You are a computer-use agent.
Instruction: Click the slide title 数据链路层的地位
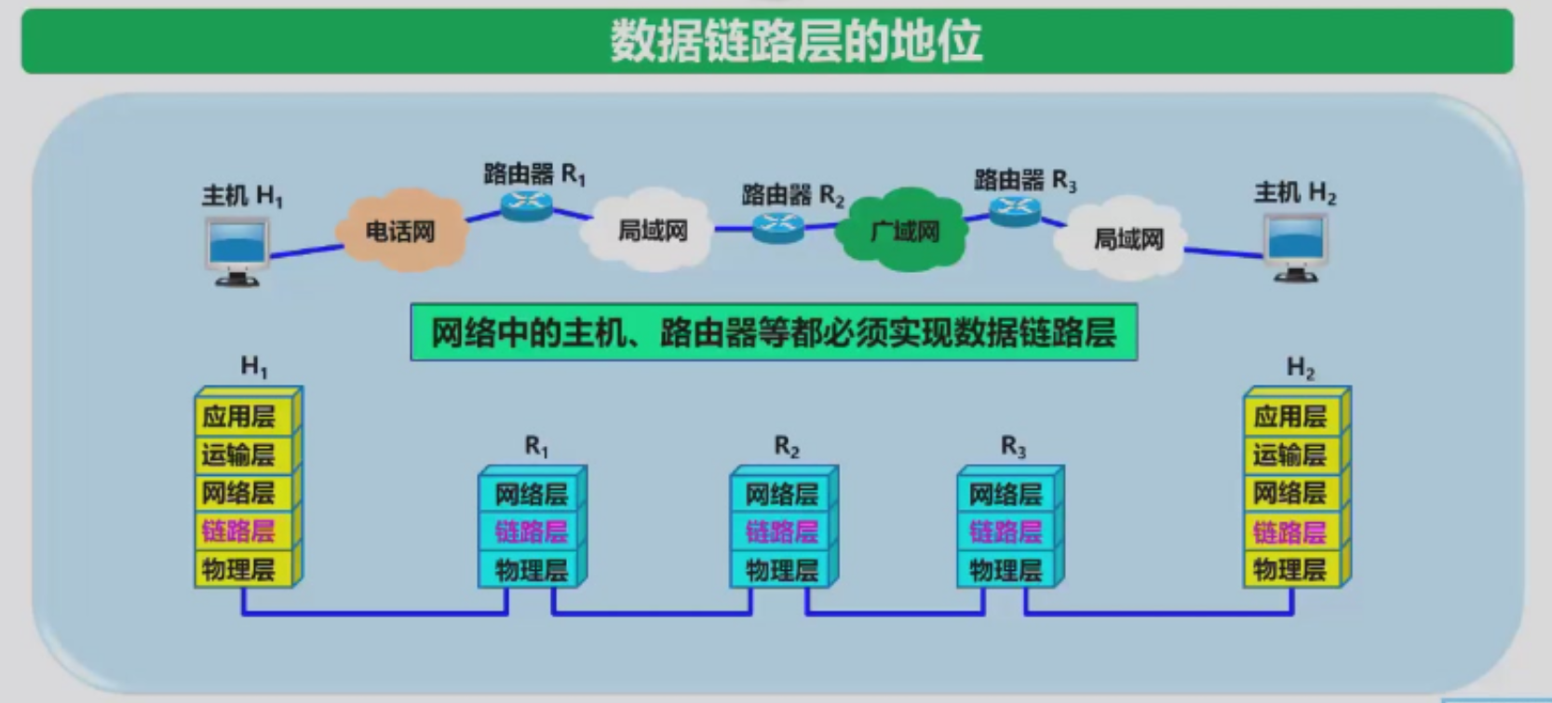pyautogui.click(x=796, y=42)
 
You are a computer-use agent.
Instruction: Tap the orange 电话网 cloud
pyautogui.click(x=400, y=231)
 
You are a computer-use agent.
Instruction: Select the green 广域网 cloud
pyautogui.click(x=903, y=231)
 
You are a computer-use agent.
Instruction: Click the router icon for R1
pyautogui.click(x=527, y=205)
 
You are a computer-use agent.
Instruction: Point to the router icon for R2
pyautogui.click(x=777, y=226)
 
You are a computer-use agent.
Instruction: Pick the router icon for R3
pyautogui.click(x=1015, y=211)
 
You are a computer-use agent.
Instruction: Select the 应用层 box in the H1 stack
pyautogui.click(x=239, y=416)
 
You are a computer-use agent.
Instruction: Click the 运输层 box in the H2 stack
pyautogui.click(x=1289, y=455)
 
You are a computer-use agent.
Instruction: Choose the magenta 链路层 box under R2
pyautogui.click(x=781, y=532)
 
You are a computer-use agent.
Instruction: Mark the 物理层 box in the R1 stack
pyautogui.click(x=531, y=570)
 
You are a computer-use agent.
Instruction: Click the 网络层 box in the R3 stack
pyautogui.click(x=1005, y=493)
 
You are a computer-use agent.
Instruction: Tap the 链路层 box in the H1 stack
pyautogui.click(x=239, y=531)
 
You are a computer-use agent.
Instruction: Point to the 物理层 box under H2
pyautogui.click(x=1289, y=569)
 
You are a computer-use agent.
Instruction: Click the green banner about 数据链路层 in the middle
pyautogui.click(x=773, y=332)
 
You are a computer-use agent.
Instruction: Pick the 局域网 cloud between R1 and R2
pyautogui.click(x=652, y=231)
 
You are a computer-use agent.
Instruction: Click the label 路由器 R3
pyautogui.click(x=1024, y=180)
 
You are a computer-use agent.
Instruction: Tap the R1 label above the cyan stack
pyautogui.click(x=537, y=447)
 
